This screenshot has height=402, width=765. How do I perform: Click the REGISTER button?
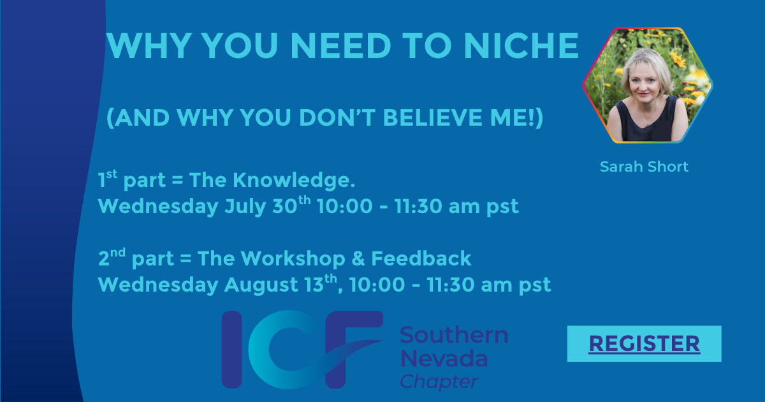pyautogui.click(x=644, y=343)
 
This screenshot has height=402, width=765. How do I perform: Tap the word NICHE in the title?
pyautogui.click(x=521, y=46)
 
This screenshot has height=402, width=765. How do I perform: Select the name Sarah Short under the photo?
pyautogui.click(x=644, y=167)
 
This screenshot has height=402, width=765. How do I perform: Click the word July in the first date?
pyautogui.click(x=245, y=207)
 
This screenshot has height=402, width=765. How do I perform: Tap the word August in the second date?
pyautogui.click(x=261, y=285)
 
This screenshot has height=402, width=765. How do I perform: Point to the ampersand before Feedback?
pyautogui.click(x=358, y=258)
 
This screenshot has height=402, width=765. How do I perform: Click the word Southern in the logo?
pyautogui.click(x=454, y=334)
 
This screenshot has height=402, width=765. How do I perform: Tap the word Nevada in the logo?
pyautogui.click(x=444, y=358)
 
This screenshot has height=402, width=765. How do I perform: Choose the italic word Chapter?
pyautogui.click(x=439, y=381)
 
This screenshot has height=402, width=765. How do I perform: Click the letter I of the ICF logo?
pyautogui.click(x=232, y=350)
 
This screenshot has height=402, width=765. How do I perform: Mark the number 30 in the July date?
pyautogui.click(x=285, y=206)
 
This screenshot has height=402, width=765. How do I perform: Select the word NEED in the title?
pyautogui.click(x=340, y=46)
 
